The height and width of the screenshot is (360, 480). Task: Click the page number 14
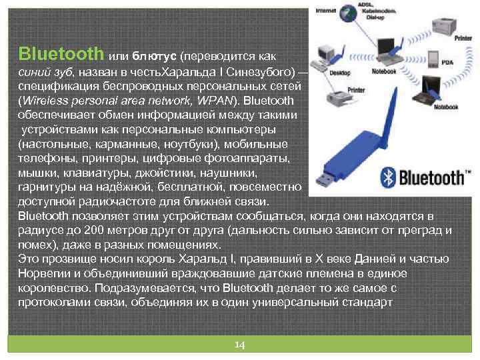coord(240,345)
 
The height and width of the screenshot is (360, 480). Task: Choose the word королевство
coord(53,288)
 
